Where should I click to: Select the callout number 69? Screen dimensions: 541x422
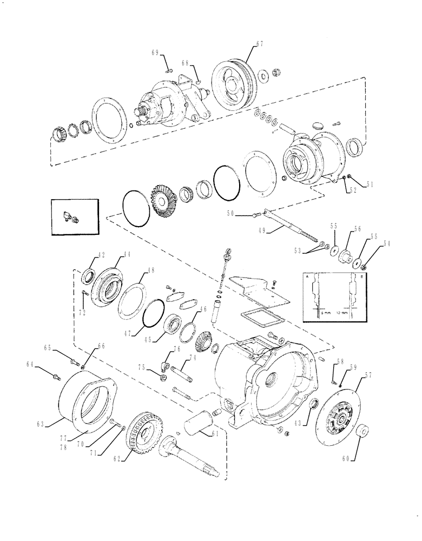(x=155, y=52)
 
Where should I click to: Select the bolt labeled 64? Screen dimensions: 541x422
(x=57, y=375)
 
